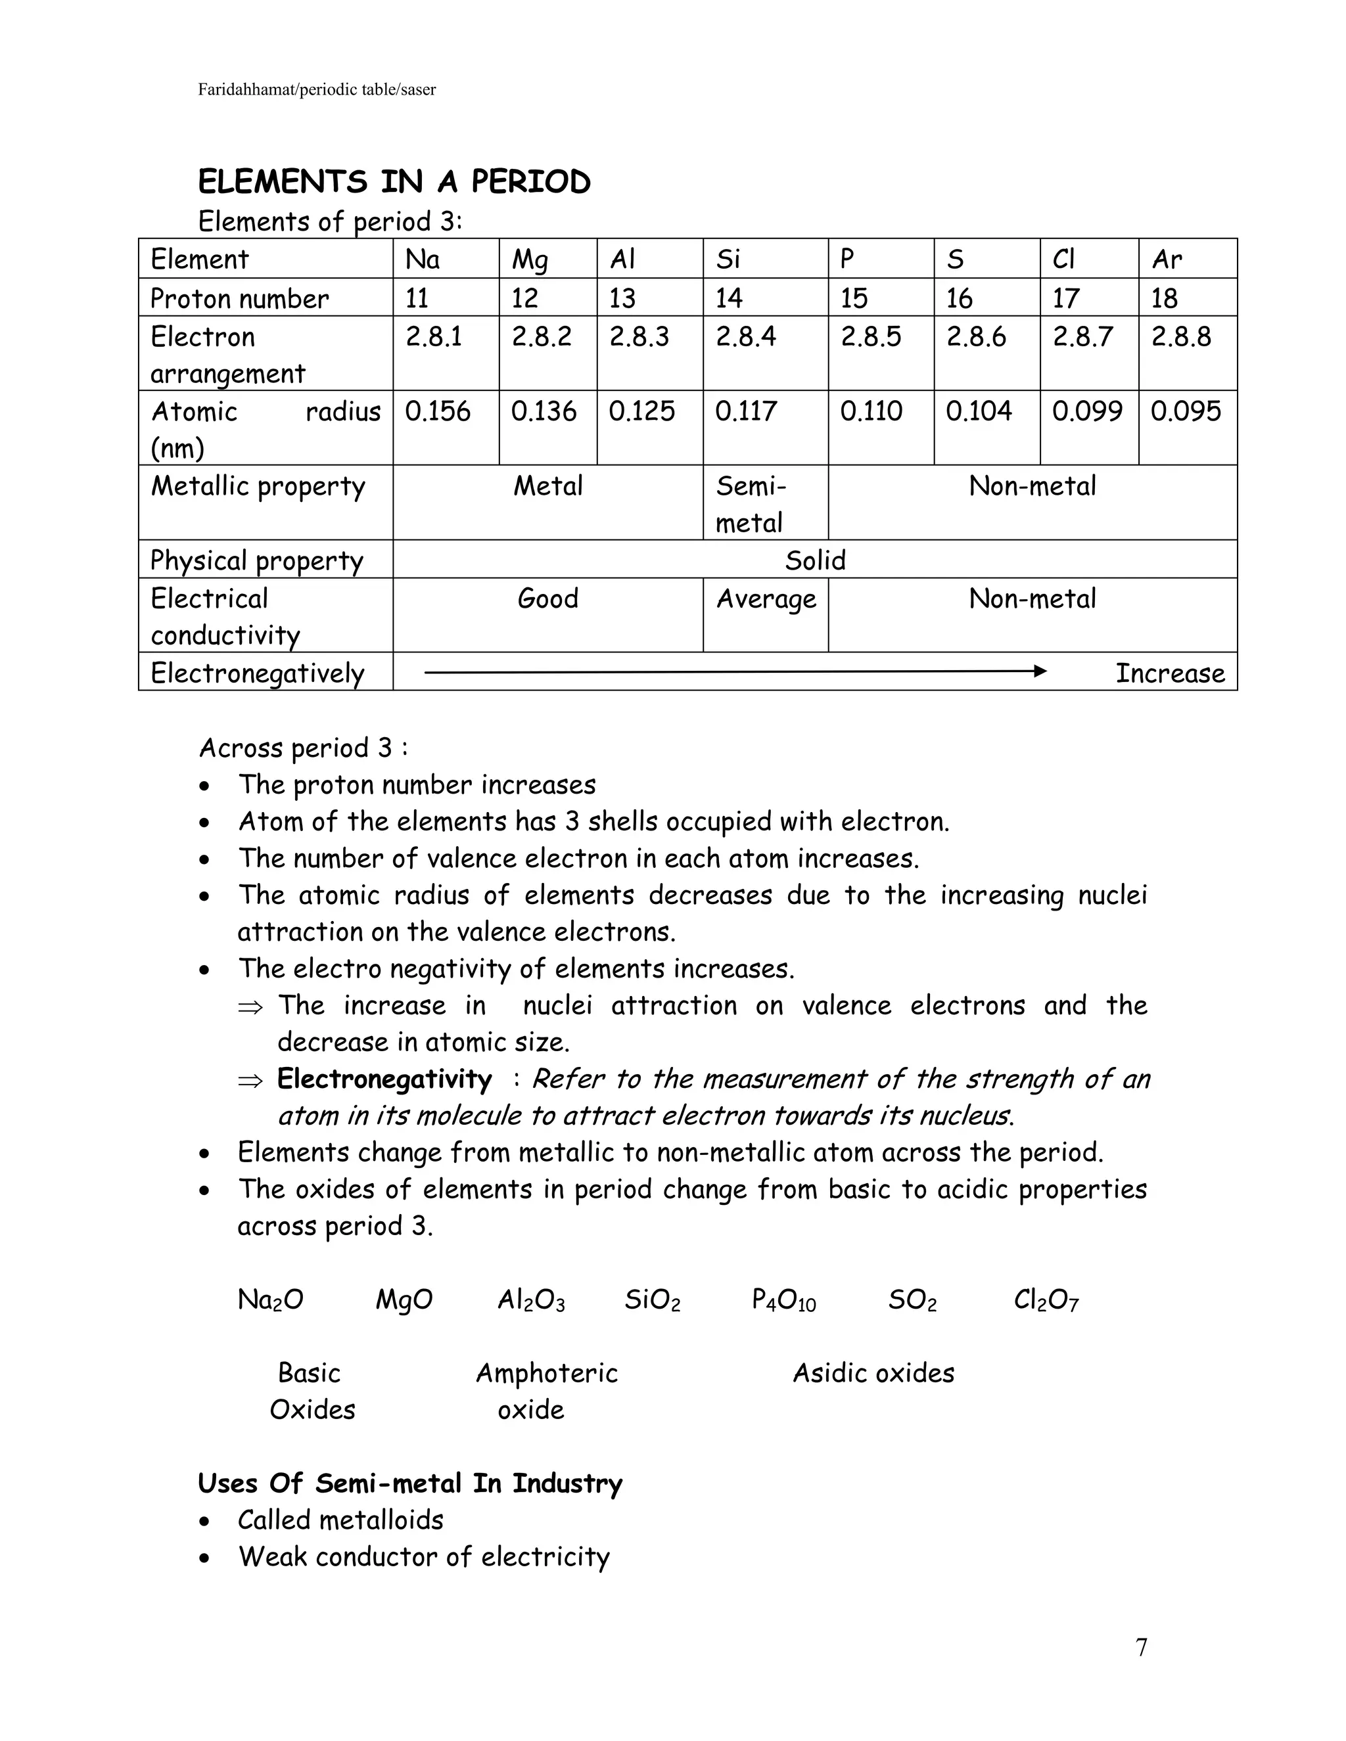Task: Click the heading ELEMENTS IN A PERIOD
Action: pyautogui.click(x=394, y=182)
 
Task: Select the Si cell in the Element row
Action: pyautogui.click(x=728, y=259)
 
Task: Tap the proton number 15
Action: pyautogui.click(x=853, y=298)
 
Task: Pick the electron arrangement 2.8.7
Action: pyautogui.click(x=1082, y=336)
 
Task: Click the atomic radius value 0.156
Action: pyautogui.click(x=437, y=411)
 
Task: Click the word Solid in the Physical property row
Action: pyautogui.click(x=814, y=560)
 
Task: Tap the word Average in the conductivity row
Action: pyautogui.click(x=766, y=599)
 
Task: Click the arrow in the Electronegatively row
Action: pyautogui.click(x=733, y=672)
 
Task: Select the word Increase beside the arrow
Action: pyautogui.click(x=1169, y=673)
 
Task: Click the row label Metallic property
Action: pyautogui.click(x=258, y=486)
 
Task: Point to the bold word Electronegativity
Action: pyautogui.click(x=384, y=1079)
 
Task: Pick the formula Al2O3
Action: pyautogui.click(x=531, y=1300)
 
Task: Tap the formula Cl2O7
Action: pyautogui.click(x=1046, y=1300)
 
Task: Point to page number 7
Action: pyautogui.click(x=1141, y=1647)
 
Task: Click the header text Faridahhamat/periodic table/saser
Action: pyautogui.click(x=317, y=89)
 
